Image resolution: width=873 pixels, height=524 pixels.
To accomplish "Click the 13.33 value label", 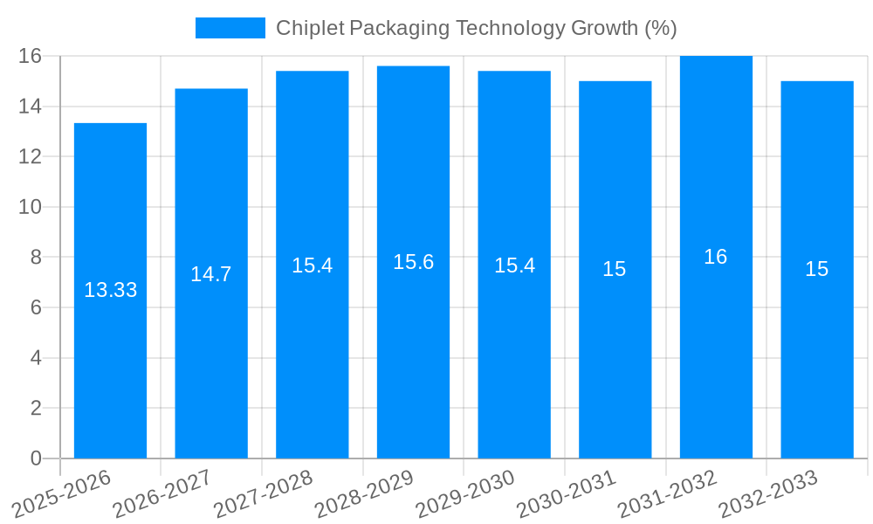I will pos(110,290).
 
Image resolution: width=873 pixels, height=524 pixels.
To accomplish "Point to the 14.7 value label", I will pos(211,274).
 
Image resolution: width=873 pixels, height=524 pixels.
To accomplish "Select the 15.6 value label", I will pos(413,262).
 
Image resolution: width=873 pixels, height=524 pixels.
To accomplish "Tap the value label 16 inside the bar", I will pos(716,257).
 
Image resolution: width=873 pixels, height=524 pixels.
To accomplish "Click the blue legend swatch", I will pos(230,28).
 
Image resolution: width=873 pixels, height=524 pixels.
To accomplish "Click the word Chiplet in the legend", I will pos(309,28).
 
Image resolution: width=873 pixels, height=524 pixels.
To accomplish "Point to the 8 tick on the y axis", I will pos(36,258).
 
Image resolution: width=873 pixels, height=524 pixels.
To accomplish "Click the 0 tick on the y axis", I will pos(36,458).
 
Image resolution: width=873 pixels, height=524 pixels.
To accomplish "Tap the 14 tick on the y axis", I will pos(31,107).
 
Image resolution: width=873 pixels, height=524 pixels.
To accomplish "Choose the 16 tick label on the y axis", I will pos(31,57).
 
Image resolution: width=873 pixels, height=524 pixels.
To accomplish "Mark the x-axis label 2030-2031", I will pos(567,495).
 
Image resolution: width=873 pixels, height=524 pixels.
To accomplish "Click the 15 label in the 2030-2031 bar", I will pos(615,269).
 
